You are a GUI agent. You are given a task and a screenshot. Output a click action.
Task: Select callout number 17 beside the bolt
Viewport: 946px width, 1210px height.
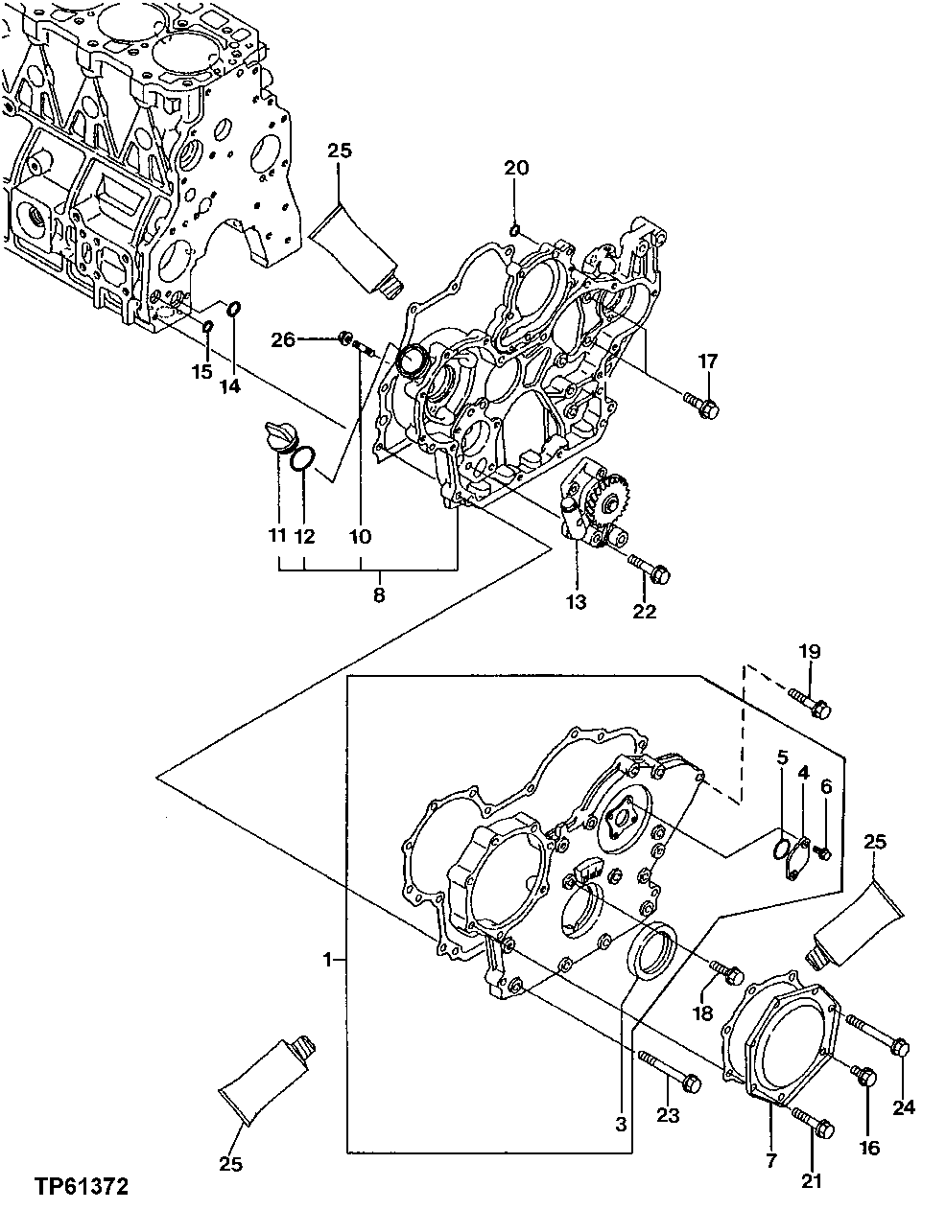point(707,361)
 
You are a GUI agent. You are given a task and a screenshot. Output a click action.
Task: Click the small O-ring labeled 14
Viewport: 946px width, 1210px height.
point(233,309)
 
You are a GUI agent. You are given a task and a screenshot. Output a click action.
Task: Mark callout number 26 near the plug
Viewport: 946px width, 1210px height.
point(283,338)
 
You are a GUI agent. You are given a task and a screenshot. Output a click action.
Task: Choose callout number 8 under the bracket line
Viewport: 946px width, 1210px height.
point(378,595)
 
